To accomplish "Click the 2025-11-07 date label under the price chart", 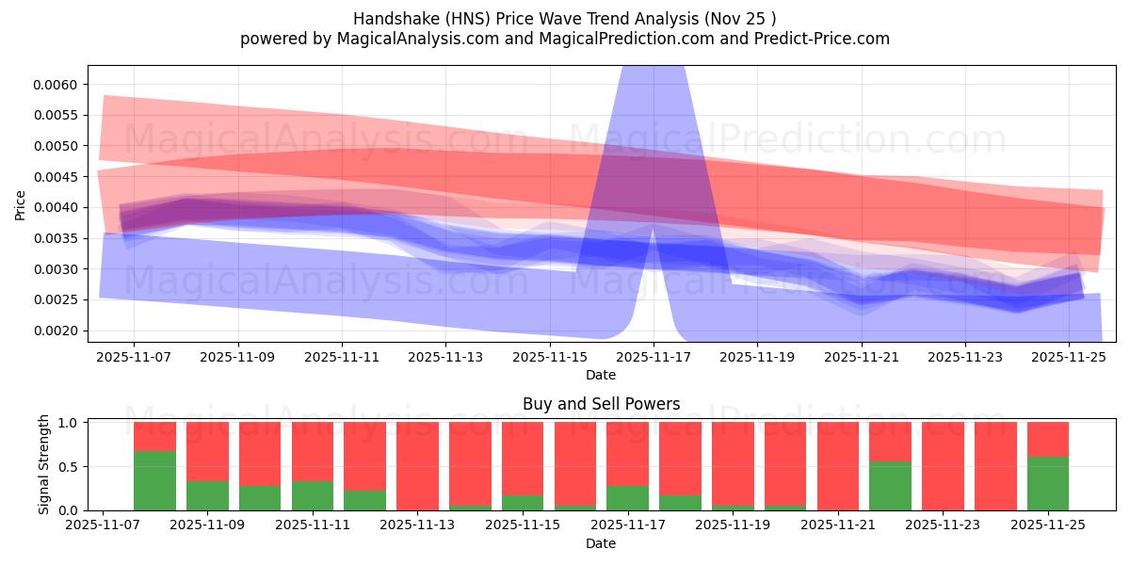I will (x=134, y=357).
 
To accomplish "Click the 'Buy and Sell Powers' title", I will (x=601, y=404).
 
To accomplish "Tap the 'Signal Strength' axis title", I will (x=44, y=465).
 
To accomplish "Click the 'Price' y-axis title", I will (x=21, y=204).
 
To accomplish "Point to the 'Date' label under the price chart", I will (x=601, y=375).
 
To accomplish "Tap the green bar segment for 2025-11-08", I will (x=154, y=480).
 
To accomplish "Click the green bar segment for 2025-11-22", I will (x=890, y=485).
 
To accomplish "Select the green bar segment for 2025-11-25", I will (x=1048, y=483).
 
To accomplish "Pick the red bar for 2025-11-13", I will (x=417, y=465).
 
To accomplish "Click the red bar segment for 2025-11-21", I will (x=838, y=465).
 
